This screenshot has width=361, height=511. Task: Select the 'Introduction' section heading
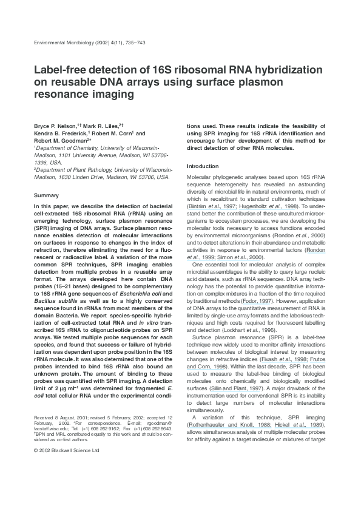202,166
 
